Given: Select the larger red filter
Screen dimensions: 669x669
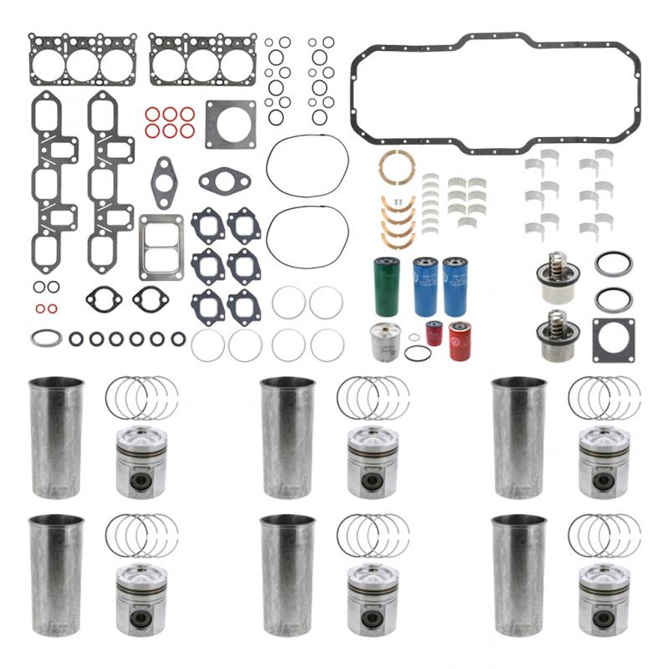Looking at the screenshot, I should (460, 340).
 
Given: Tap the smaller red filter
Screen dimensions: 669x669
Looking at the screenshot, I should (434, 334).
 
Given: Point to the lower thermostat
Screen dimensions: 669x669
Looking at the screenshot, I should (553, 335).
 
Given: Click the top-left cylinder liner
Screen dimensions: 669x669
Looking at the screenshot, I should (56, 437).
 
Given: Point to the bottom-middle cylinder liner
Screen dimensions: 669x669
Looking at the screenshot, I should (288, 575).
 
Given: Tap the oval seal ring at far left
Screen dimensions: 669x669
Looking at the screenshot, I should (45, 338).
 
